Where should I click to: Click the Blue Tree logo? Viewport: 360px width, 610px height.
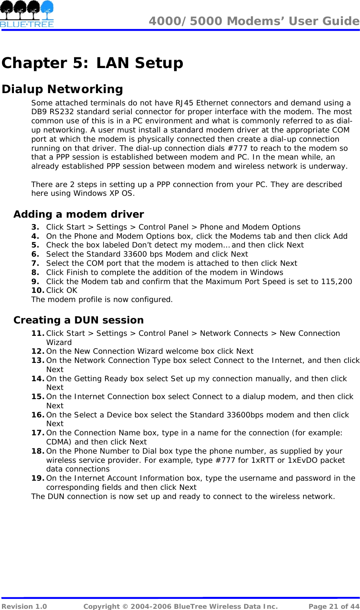[x=27, y=14]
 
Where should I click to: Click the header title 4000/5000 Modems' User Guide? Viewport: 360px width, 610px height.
[x=254, y=21]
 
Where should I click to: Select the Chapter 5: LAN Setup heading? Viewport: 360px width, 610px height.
[x=92, y=63]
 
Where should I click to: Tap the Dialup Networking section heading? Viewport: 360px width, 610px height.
[x=63, y=89]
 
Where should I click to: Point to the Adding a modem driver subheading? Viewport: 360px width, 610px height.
[x=78, y=214]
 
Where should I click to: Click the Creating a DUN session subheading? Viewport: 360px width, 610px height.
[x=78, y=320]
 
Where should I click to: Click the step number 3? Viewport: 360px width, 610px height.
[x=35, y=227]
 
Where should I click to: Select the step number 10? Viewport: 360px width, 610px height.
[x=37, y=290]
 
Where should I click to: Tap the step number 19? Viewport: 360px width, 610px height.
[x=37, y=478]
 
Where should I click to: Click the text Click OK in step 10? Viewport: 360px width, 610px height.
[x=62, y=290]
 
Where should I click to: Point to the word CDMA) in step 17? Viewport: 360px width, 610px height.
[x=59, y=442]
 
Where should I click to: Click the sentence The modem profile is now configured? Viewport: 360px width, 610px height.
[x=102, y=300]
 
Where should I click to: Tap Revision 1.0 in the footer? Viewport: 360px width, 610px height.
[x=24, y=606]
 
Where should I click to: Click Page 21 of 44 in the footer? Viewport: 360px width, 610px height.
[x=334, y=606]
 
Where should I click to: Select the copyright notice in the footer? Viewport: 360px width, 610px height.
[x=180, y=606]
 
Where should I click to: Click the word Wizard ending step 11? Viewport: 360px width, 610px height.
[x=59, y=343]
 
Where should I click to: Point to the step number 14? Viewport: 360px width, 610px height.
[x=37, y=379]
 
